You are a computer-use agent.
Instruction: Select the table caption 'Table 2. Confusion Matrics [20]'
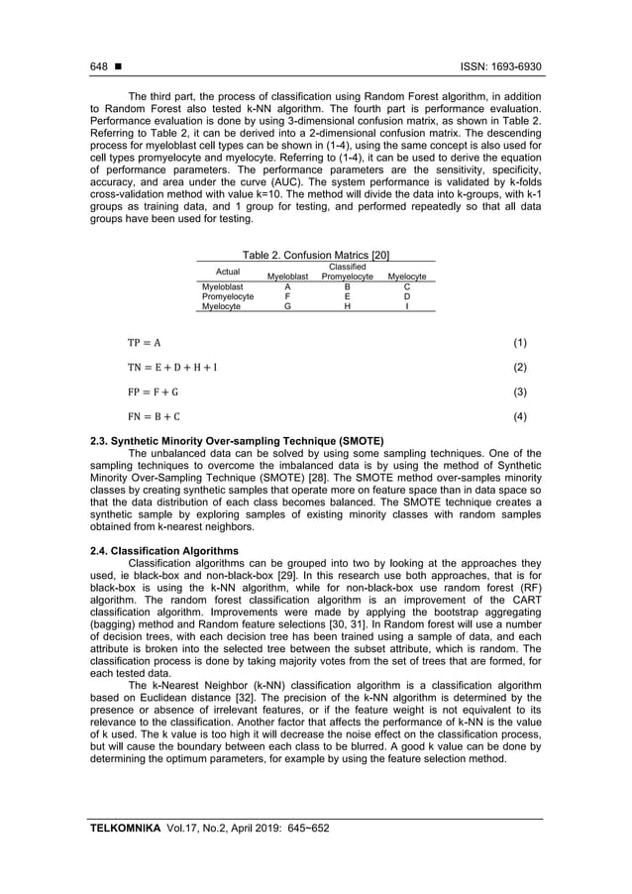click(x=316, y=256)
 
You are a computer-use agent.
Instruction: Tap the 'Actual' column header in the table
click(x=227, y=272)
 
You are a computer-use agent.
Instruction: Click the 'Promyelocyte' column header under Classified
click(x=347, y=277)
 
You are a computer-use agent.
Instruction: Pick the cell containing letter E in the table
click(x=347, y=296)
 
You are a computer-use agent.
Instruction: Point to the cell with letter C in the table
click(x=407, y=286)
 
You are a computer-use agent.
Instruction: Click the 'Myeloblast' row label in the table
click(x=222, y=286)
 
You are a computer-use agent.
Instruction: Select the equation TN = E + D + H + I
click(x=171, y=368)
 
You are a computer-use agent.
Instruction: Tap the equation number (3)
click(x=519, y=392)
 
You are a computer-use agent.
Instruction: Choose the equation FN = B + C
click(x=153, y=416)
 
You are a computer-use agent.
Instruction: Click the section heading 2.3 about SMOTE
click(x=237, y=439)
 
